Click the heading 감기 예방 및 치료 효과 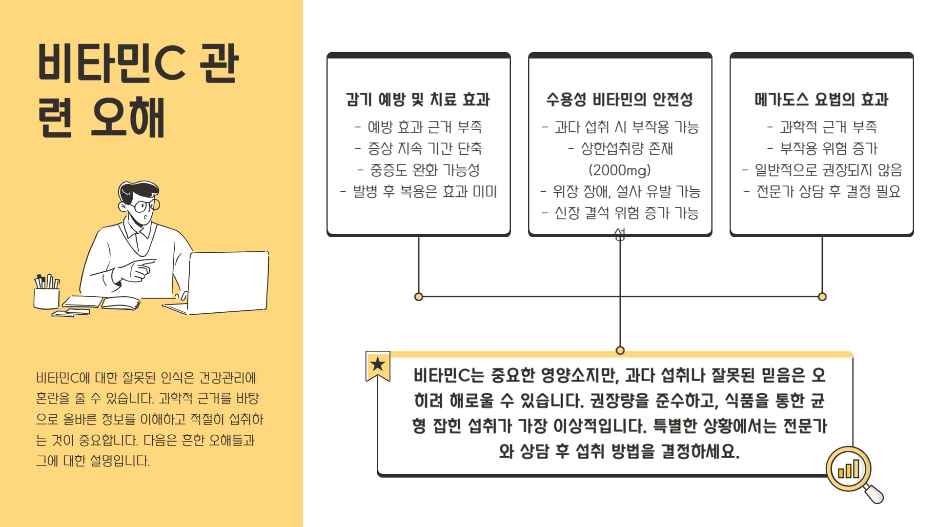coord(418,100)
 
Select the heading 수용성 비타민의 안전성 coord(619,100)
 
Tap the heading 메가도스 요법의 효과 coord(821,100)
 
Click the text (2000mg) coord(619,170)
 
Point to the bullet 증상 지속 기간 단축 coord(425,148)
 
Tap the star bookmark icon coord(378,365)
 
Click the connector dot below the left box coord(418,297)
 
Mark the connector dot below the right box coord(822,297)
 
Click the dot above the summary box coord(620,350)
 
